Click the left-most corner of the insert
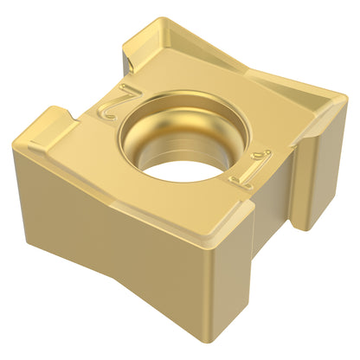tap(14, 145)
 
